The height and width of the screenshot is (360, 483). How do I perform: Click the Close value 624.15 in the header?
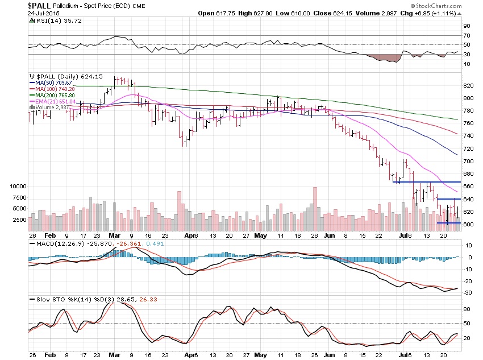pos(347,13)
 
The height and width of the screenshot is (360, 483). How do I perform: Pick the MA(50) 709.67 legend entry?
pos(52,82)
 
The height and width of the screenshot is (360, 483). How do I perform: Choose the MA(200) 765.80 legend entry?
pos(54,95)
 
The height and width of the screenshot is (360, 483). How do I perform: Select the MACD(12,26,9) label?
pos(51,244)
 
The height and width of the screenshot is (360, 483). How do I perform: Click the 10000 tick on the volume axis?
pos(18,187)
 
